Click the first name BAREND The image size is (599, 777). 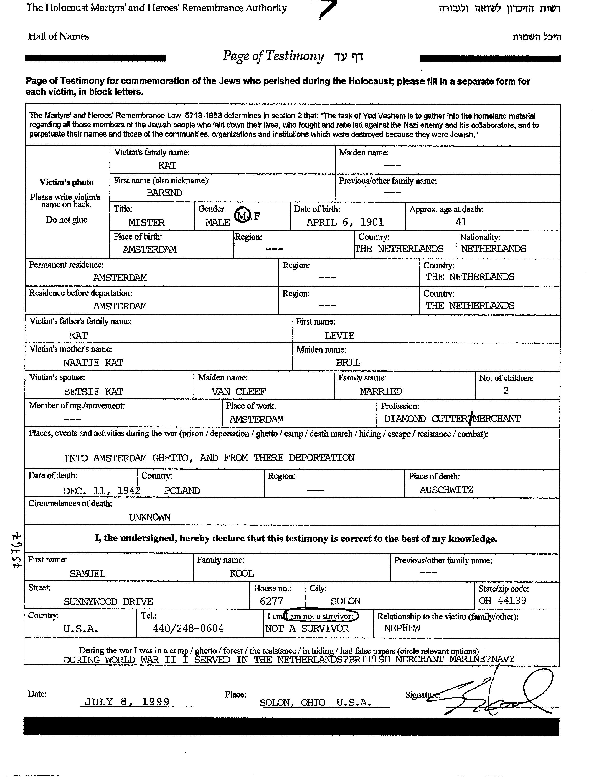click(x=164, y=193)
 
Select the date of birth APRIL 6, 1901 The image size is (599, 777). click(x=345, y=222)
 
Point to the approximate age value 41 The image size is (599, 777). click(x=461, y=222)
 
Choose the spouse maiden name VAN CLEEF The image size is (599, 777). click(x=239, y=392)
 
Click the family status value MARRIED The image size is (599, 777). click(x=381, y=391)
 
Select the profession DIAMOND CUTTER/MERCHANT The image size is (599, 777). click(x=452, y=419)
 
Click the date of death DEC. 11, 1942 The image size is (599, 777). click(x=102, y=491)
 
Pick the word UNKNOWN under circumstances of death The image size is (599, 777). click(x=149, y=517)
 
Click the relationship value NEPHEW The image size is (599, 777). click(x=402, y=628)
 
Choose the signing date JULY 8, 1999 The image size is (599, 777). click(x=127, y=702)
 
